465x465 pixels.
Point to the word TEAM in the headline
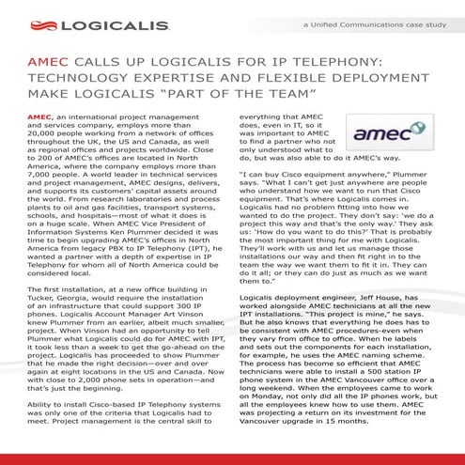[302, 95]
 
